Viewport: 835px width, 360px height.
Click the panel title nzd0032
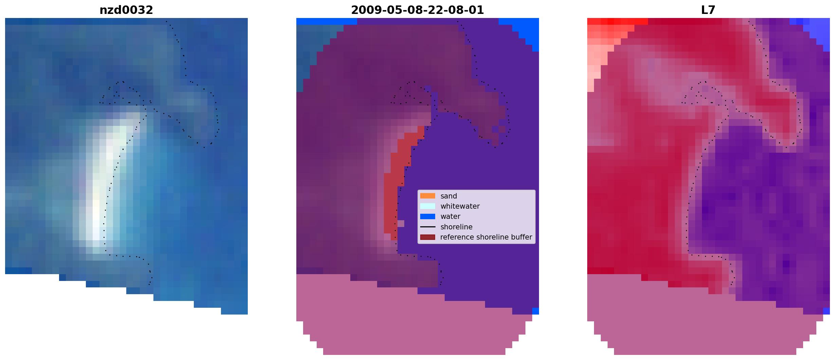pyautogui.click(x=126, y=10)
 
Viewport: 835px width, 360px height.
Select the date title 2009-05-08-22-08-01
pyautogui.click(x=417, y=10)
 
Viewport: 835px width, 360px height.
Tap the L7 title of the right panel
pyautogui.click(x=708, y=10)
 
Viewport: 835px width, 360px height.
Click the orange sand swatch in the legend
pyautogui.click(x=428, y=196)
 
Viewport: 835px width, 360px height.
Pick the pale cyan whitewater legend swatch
pyautogui.click(x=428, y=206)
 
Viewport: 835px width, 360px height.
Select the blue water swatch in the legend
pyautogui.click(x=428, y=216)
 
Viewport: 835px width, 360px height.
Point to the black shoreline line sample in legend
pyautogui.click(x=428, y=227)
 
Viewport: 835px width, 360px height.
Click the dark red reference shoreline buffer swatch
pyautogui.click(x=428, y=237)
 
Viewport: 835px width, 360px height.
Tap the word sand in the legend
pyautogui.click(x=449, y=196)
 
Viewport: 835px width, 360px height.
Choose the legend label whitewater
pyautogui.click(x=460, y=206)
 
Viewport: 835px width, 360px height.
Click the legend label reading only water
pyautogui.click(x=450, y=216)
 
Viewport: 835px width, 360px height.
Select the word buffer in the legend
pyautogui.click(x=521, y=237)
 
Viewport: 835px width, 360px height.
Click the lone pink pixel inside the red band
pyautogui.click(x=401, y=224)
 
